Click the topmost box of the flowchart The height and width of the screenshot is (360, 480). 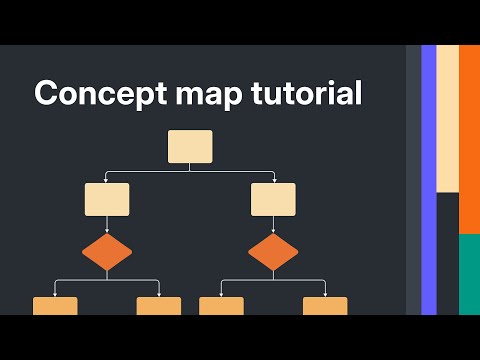click(190, 147)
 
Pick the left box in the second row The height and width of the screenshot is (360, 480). click(107, 199)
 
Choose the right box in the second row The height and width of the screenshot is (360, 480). click(273, 199)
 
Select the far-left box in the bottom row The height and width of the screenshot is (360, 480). click(55, 306)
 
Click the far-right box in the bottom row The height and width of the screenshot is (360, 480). click(325, 306)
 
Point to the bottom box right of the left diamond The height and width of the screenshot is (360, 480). click(159, 306)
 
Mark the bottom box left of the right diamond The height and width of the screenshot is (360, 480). click(221, 306)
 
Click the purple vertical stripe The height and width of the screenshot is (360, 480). click(429, 180)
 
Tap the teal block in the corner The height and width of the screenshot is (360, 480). click(469, 274)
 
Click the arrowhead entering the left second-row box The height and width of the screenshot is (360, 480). click(107, 180)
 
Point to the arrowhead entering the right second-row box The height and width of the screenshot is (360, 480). click(273, 180)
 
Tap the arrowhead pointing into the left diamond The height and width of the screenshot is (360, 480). click(107, 232)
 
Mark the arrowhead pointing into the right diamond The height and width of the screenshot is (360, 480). click(273, 232)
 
